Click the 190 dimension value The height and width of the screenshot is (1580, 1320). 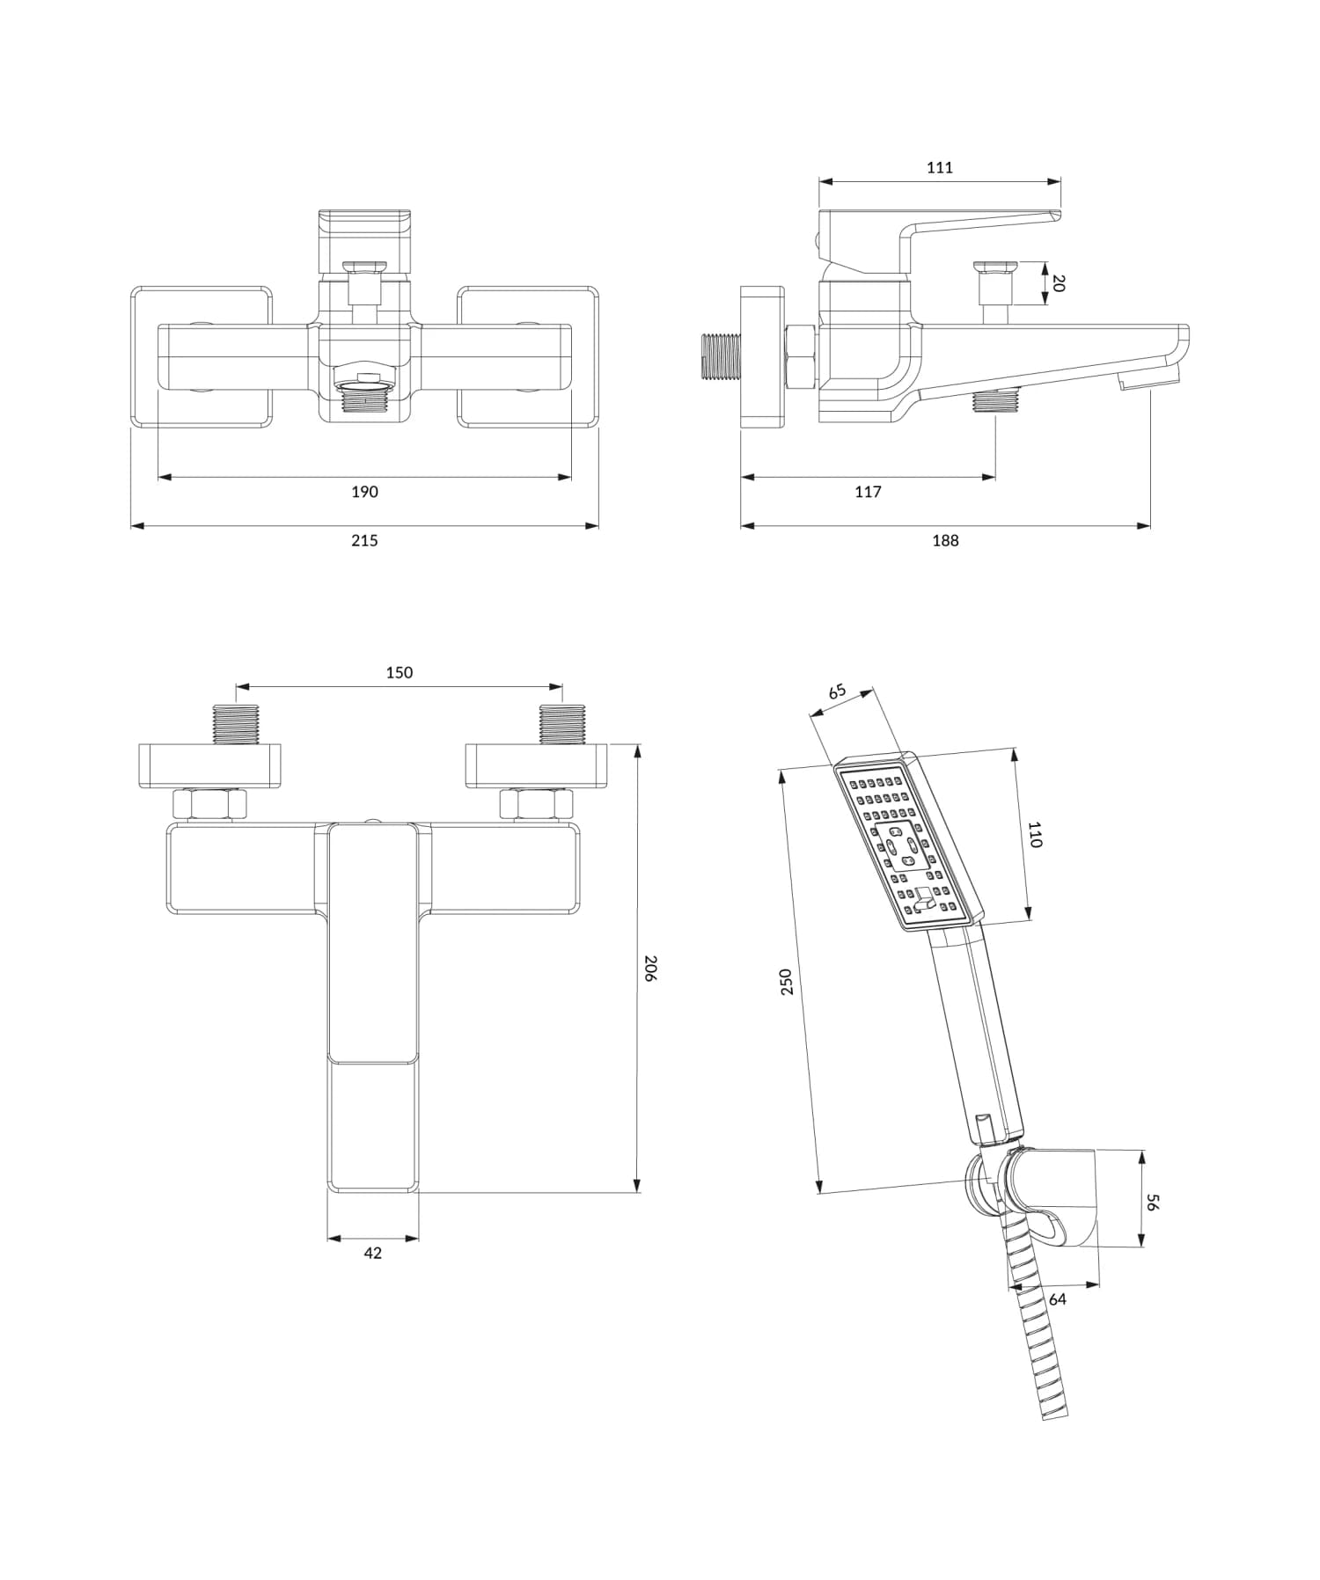click(x=364, y=492)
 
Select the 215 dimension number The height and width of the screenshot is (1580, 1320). click(x=364, y=540)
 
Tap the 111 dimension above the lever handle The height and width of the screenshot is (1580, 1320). click(x=940, y=167)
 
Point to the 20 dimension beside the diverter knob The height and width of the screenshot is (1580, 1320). click(x=1059, y=283)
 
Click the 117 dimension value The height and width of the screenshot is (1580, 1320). click(x=868, y=492)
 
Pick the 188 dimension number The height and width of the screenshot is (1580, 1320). click(x=945, y=540)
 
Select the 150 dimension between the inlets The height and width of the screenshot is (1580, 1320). click(x=399, y=672)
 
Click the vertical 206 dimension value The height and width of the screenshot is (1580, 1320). click(x=650, y=968)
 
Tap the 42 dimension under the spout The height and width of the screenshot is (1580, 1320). click(x=372, y=1253)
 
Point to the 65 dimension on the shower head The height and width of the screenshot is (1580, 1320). click(x=837, y=691)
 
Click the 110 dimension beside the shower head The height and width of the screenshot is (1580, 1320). click(x=1035, y=834)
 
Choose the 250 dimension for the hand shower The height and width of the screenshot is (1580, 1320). click(x=787, y=981)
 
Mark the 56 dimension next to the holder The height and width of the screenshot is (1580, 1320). click(x=1154, y=1202)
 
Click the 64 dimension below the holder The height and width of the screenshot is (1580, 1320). click(x=1057, y=1298)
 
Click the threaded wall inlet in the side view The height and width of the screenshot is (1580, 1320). click(x=719, y=356)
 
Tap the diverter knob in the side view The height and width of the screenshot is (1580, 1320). click(x=994, y=267)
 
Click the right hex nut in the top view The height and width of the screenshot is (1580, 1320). click(x=536, y=804)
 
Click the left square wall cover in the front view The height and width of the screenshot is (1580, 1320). click(x=202, y=356)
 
